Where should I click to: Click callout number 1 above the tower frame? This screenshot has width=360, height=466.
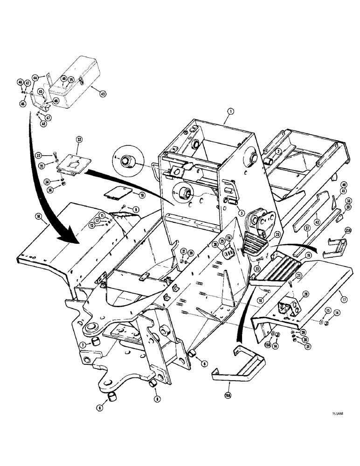(x=229, y=111)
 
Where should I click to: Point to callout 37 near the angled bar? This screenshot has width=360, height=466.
(x=307, y=229)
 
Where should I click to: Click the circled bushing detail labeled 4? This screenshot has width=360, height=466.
(x=127, y=162)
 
